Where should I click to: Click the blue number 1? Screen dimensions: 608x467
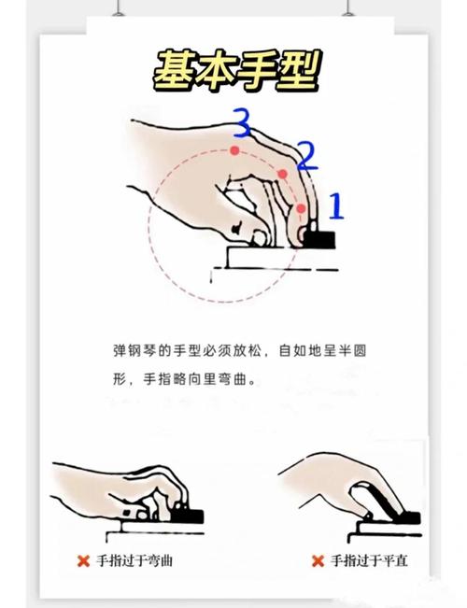[x=336, y=205]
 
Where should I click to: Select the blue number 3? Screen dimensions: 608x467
[x=242, y=122]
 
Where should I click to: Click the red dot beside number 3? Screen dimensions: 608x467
[x=235, y=149]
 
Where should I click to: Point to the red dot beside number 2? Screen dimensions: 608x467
[x=281, y=175]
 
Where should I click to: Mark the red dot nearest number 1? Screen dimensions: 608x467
[x=301, y=207]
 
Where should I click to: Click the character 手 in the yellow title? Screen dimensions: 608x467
[x=254, y=69]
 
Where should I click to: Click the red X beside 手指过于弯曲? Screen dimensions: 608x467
[x=83, y=561]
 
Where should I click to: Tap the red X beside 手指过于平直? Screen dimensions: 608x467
[x=317, y=561]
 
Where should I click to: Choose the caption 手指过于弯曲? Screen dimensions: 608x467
[x=135, y=561]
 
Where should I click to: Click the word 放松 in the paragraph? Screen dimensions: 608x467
[x=249, y=351]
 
